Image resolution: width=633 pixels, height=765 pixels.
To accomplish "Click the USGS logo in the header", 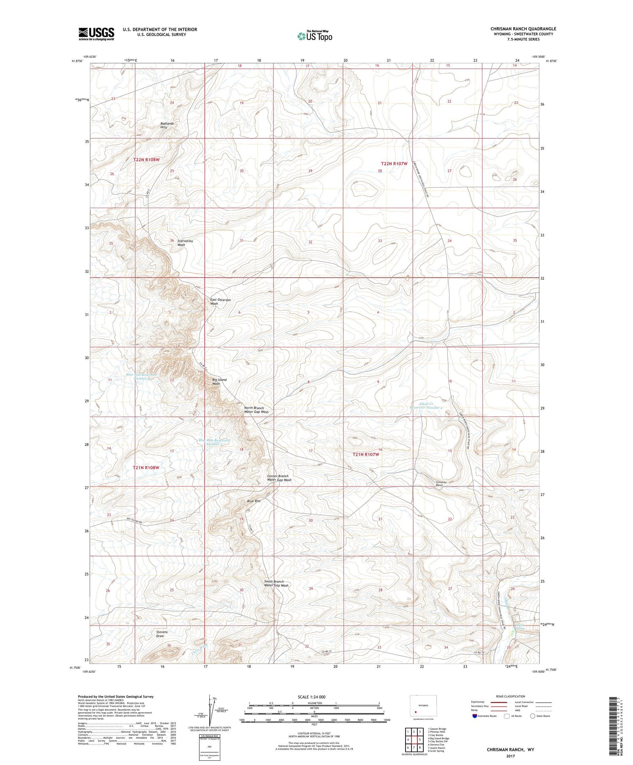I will [x=96, y=34].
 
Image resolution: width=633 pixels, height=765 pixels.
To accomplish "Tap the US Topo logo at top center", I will [x=314, y=36].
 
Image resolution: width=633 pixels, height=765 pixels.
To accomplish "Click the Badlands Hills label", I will [x=167, y=125].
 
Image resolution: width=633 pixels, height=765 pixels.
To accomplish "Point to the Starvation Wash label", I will [x=185, y=243].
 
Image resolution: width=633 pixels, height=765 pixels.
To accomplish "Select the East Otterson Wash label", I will [x=220, y=301].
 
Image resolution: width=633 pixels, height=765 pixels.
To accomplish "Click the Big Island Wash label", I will [x=219, y=381].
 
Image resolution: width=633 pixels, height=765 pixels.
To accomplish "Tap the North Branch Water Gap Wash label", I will [x=256, y=410].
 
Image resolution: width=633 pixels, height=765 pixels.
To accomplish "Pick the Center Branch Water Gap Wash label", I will [x=279, y=478].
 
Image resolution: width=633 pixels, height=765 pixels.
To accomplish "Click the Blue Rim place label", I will [x=254, y=501].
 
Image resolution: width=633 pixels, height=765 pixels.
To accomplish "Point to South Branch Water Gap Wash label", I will [x=276, y=584].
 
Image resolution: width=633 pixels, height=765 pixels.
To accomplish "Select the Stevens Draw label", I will [x=162, y=634].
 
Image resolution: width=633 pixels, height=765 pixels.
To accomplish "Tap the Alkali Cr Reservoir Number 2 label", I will [x=426, y=405].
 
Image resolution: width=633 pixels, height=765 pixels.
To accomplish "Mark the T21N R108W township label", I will [x=146, y=468].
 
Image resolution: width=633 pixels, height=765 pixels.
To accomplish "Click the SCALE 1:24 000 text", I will [x=311, y=697].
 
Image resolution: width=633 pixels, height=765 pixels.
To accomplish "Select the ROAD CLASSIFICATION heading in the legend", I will [x=511, y=696].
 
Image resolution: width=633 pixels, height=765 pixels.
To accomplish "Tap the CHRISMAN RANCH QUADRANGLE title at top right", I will [x=523, y=29].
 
